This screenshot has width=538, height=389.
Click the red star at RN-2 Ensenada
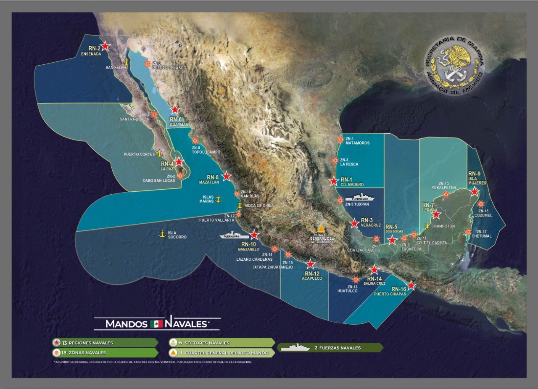click(x=105, y=46)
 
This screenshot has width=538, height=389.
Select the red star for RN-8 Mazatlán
click(x=227, y=176)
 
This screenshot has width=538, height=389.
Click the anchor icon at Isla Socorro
click(x=161, y=234)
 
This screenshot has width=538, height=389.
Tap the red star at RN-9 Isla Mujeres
click(x=475, y=192)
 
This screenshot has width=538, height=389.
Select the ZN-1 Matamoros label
click(x=357, y=141)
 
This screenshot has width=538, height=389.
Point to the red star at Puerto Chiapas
click(x=411, y=286)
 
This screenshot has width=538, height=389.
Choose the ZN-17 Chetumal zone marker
click(x=468, y=232)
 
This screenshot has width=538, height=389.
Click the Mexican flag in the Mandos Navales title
click(x=156, y=324)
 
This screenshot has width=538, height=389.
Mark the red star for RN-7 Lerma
click(x=436, y=214)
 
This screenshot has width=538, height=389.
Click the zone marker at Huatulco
click(x=356, y=280)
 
